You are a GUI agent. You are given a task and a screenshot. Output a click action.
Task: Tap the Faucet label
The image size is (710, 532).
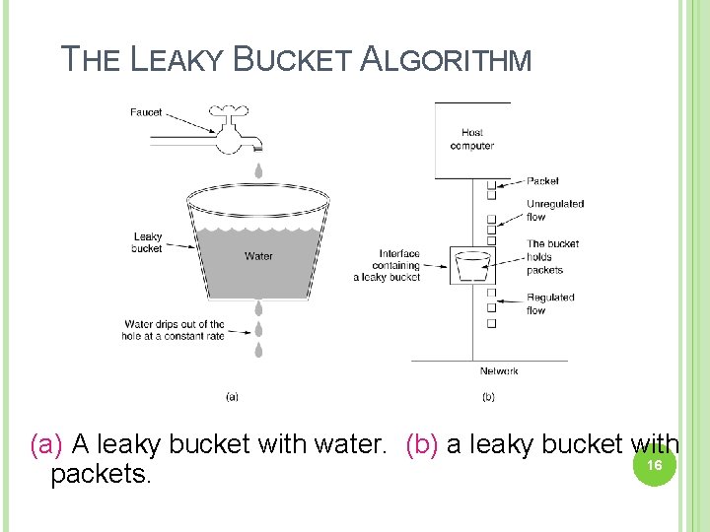coord(146,112)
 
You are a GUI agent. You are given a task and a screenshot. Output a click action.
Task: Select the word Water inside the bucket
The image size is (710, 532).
coord(258,256)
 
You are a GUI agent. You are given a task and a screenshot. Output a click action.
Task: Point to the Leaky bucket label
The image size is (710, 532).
coord(147,242)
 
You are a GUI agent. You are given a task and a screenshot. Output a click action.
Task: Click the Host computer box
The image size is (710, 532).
coord(472,139)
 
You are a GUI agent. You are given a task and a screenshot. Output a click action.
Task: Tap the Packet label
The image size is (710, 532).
coord(542,181)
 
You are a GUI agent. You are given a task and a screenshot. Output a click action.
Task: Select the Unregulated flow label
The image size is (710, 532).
coord(554,210)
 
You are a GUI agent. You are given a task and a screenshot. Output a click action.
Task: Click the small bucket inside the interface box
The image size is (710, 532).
coord(473,265)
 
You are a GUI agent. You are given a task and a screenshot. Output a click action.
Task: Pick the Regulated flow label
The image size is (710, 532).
coord(550,303)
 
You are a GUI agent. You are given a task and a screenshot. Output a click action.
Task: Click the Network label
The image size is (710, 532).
coord(499,371)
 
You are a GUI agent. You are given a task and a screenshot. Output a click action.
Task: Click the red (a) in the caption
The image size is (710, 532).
coord(46,444)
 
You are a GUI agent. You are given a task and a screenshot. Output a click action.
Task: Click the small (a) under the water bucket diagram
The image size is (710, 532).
coord(232,397)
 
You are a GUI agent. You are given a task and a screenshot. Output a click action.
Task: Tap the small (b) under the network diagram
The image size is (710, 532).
coord(488,397)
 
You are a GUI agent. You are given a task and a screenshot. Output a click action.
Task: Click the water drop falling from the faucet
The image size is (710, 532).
coord(258,170)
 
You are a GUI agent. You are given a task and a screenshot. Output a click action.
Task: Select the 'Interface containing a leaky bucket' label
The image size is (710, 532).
coord(387,265)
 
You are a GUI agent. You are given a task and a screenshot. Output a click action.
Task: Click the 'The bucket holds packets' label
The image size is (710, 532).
coord(552,256)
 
